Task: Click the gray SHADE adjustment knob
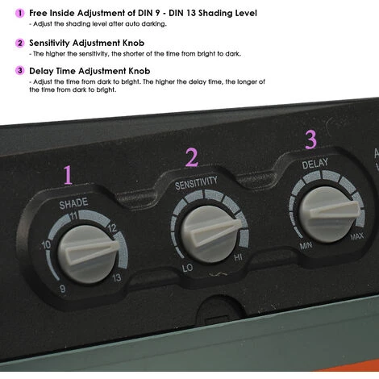point(89,254)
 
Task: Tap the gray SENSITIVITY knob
point(211,234)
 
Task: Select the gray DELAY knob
point(330,214)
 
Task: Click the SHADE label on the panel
point(73,203)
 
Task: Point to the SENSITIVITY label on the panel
point(196,183)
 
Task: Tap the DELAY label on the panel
point(315,164)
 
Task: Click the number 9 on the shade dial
point(63,289)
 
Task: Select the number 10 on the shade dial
point(46,245)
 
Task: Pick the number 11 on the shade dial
point(73,216)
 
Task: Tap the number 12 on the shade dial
point(112,228)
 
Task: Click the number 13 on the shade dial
point(117,277)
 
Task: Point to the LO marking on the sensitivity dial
point(187,268)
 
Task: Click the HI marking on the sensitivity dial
point(238,257)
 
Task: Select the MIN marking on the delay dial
point(306,245)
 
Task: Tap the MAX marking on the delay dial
point(357,236)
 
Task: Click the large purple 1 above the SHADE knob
point(68,175)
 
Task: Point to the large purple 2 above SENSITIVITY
point(192,157)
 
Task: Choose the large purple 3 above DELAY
point(311,140)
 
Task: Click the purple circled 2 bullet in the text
point(19,43)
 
